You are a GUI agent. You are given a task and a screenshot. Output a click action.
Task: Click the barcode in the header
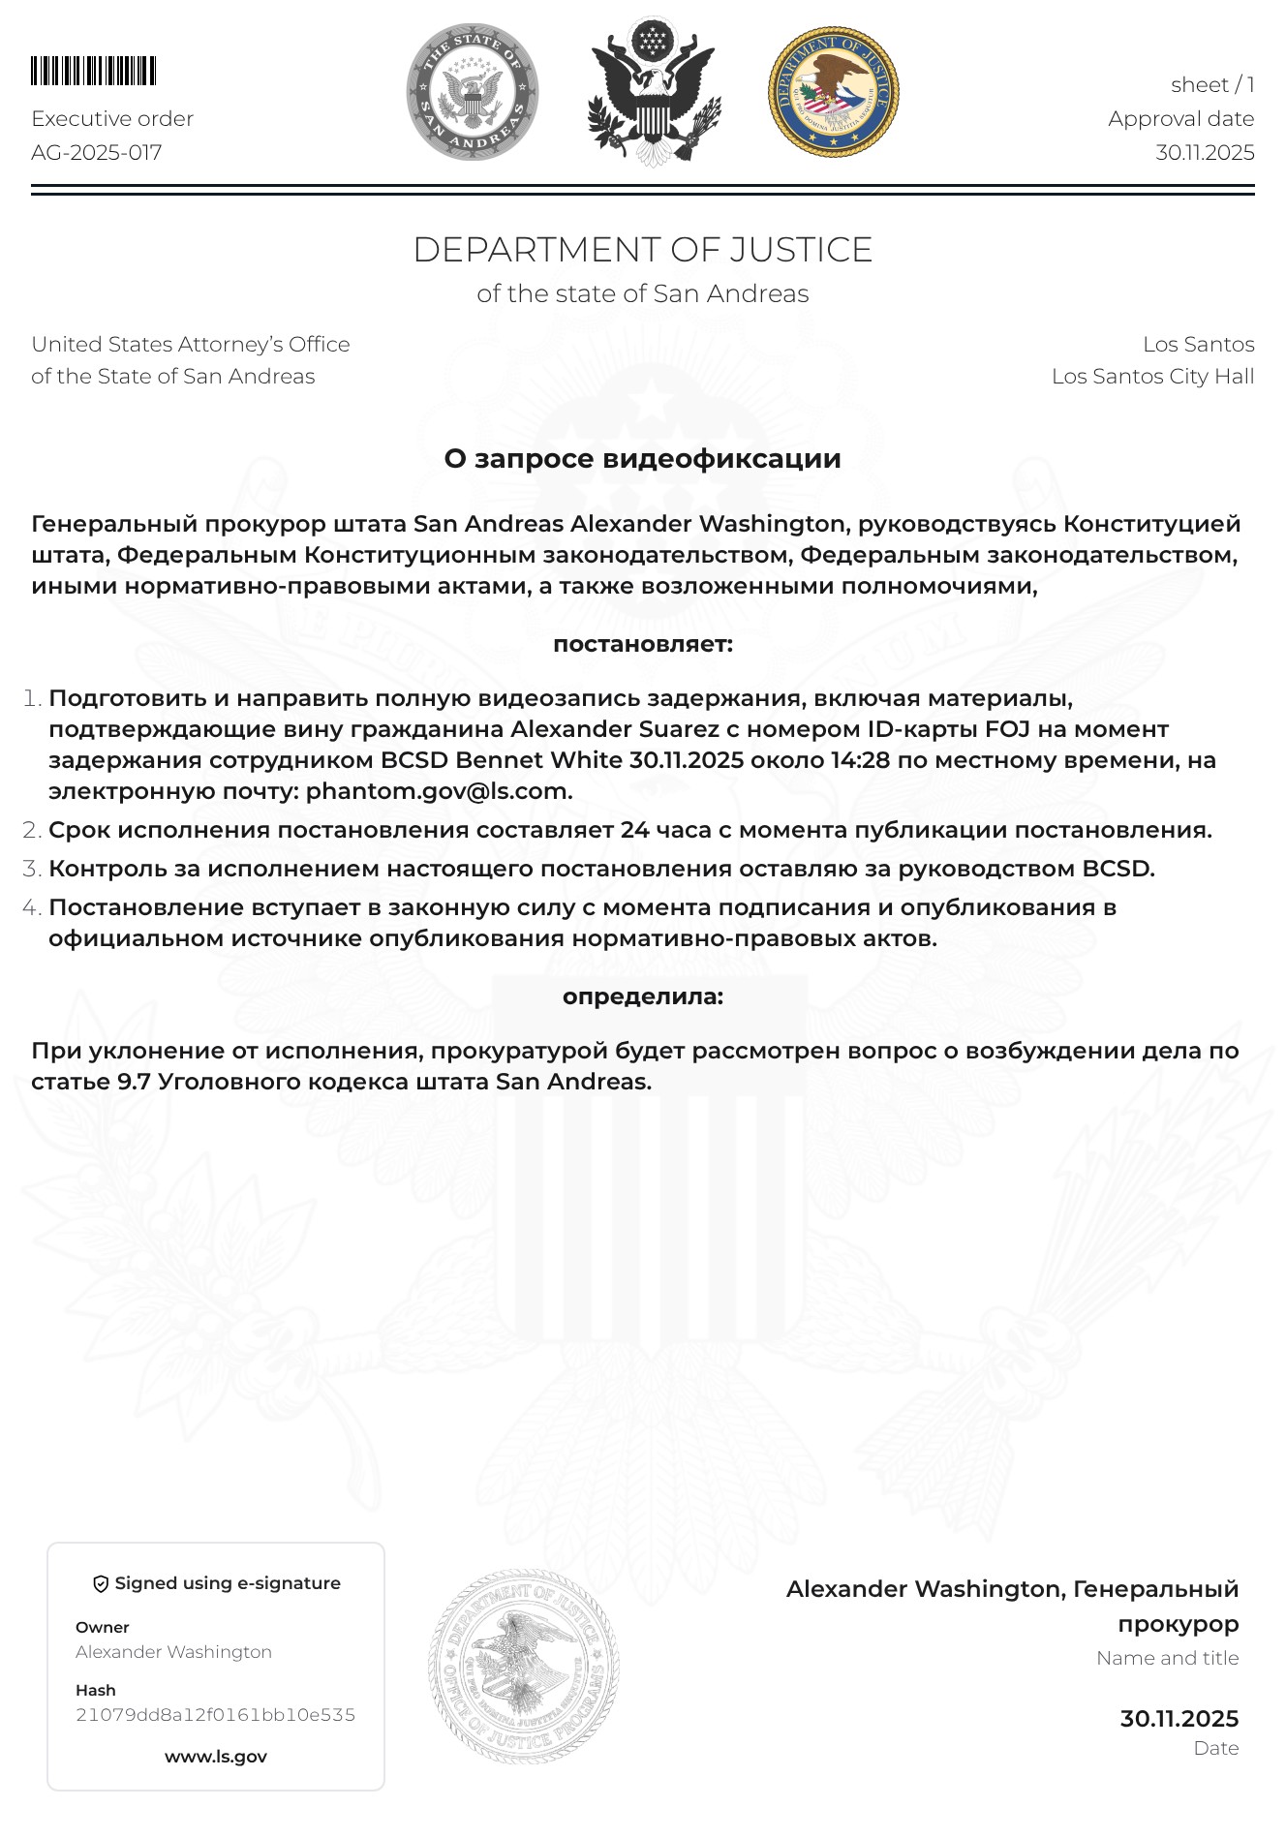tap(93, 72)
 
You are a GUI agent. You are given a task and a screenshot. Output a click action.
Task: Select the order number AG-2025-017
tap(96, 152)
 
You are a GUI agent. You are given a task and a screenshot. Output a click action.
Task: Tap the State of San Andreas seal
tap(472, 92)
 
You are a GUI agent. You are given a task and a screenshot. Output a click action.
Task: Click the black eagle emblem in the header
tap(654, 92)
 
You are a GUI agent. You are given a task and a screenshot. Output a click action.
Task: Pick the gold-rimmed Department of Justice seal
tap(833, 92)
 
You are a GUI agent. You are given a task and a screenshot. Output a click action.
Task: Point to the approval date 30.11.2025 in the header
tap(1205, 152)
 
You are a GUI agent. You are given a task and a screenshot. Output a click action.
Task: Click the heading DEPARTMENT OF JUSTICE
tap(642, 250)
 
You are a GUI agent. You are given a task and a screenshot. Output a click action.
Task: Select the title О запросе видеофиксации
tap(642, 458)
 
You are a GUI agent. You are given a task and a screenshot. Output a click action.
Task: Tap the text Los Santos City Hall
tap(1152, 376)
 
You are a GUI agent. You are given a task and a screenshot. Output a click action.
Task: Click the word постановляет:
tap(642, 644)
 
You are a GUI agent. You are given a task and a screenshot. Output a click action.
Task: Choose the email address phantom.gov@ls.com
tap(439, 791)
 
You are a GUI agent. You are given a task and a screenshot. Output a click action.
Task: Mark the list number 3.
tap(32, 869)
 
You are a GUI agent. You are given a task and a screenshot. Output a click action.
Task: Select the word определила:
tap(642, 996)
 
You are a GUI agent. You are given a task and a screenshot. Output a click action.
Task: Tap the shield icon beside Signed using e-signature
tap(100, 1583)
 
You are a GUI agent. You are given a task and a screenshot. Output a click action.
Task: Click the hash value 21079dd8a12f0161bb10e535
tap(215, 1715)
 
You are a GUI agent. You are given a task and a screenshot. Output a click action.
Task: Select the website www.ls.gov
tap(215, 1757)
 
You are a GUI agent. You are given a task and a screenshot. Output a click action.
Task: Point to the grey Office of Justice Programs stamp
tap(524, 1667)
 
